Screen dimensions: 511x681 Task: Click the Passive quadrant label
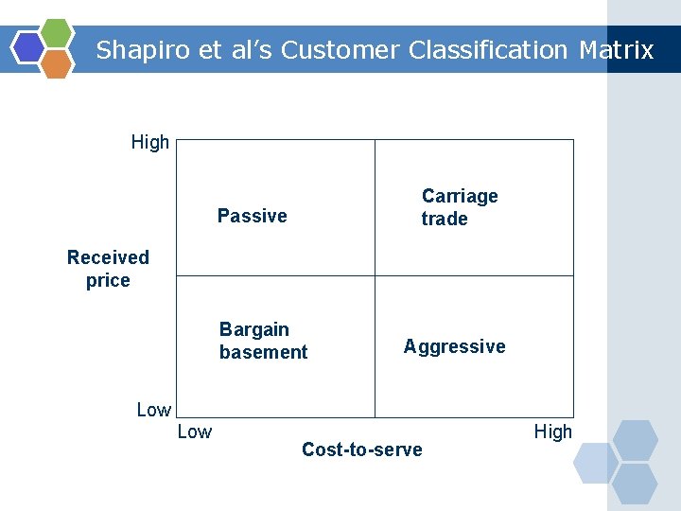tap(252, 216)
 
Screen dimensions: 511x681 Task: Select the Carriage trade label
tap(459, 207)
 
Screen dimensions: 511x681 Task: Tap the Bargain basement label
tap(263, 341)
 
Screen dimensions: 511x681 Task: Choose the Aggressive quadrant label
tap(454, 346)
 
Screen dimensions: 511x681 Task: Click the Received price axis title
tap(108, 269)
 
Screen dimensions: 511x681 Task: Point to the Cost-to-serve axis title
tap(361, 449)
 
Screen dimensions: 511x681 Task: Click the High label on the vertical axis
tap(149, 143)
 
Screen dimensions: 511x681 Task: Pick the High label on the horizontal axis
tap(552, 432)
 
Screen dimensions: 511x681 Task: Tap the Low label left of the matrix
tap(153, 410)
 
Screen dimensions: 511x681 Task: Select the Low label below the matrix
tap(194, 432)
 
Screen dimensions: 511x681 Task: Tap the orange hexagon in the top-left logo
tap(57, 63)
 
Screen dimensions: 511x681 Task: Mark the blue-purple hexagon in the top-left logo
tap(28, 47)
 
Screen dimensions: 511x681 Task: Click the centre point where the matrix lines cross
tap(375, 275)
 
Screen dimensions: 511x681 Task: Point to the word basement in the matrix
tap(263, 352)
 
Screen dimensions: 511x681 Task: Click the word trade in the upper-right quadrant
tap(445, 219)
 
